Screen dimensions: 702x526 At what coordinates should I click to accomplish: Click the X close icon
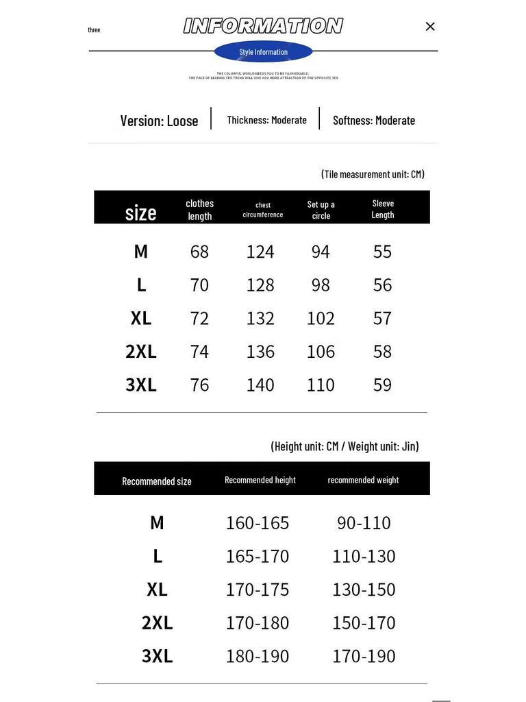pyautogui.click(x=430, y=27)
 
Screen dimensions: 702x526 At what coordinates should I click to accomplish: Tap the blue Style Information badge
pyautogui.click(x=263, y=52)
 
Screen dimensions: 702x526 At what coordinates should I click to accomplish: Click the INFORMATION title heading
pyautogui.click(x=263, y=26)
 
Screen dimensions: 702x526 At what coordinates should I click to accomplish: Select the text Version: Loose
pyautogui.click(x=159, y=121)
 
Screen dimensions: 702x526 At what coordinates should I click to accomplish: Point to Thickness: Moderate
pyautogui.click(x=266, y=120)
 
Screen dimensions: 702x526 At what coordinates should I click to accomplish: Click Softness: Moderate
pyautogui.click(x=373, y=120)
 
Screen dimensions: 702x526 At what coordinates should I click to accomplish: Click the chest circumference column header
pyautogui.click(x=263, y=209)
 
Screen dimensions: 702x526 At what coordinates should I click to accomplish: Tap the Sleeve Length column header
pyautogui.click(x=383, y=208)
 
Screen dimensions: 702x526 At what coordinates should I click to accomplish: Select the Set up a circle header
pyautogui.click(x=321, y=209)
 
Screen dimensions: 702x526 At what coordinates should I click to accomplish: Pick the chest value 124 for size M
pyautogui.click(x=260, y=252)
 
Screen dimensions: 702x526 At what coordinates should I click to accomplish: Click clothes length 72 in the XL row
pyautogui.click(x=199, y=318)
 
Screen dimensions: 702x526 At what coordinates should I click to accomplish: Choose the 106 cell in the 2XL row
pyautogui.click(x=321, y=352)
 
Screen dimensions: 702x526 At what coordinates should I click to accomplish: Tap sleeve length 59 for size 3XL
pyautogui.click(x=382, y=385)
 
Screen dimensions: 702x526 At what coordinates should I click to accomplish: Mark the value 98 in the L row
pyautogui.click(x=321, y=285)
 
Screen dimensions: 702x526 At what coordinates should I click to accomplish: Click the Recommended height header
pyautogui.click(x=260, y=480)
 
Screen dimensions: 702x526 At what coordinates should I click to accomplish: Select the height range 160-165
pyautogui.click(x=258, y=522)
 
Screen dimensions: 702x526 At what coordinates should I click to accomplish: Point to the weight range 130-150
pyautogui.click(x=364, y=590)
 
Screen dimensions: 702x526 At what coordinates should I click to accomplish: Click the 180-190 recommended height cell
pyautogui.click(x=258, y=656)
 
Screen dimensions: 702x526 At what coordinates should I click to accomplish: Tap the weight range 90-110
pyautogui.click(x=364, y=522)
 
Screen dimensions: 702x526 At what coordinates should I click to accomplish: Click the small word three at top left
pyautogui.click(x=94, y=30)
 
